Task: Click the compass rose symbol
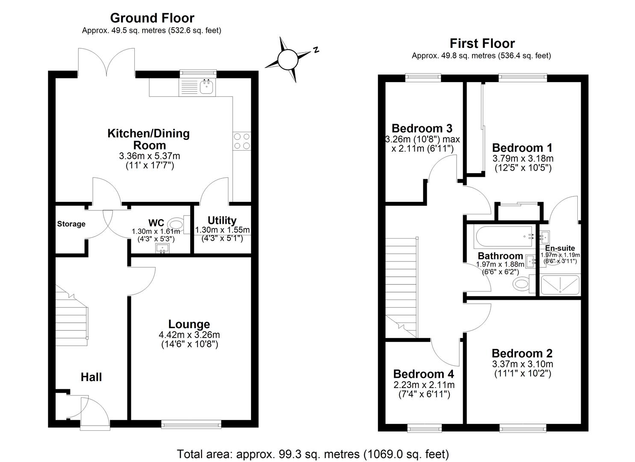tap(287, 59)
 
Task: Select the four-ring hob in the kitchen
tap(242, 141)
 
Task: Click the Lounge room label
tap(189, 324)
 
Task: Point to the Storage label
tap(71, 224)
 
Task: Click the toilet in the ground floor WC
tap(176, 224)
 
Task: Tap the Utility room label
tap(222, 220)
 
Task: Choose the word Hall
tap(92, 377)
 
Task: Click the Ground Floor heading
tap(152, 18)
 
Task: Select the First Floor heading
tap(482, 43)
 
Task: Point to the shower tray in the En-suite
tap(560, 285)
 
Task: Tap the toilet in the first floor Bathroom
tap(523, 283)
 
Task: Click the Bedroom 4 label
tap(423, 374)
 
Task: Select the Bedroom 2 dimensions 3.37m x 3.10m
tap(523, 364)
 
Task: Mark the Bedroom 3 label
tap(422, 128)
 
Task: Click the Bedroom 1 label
tap(522, 148)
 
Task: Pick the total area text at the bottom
tap(313, 454)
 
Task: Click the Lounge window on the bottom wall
tap(191, 424)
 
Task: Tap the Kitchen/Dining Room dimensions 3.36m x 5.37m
tap(149, 156)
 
